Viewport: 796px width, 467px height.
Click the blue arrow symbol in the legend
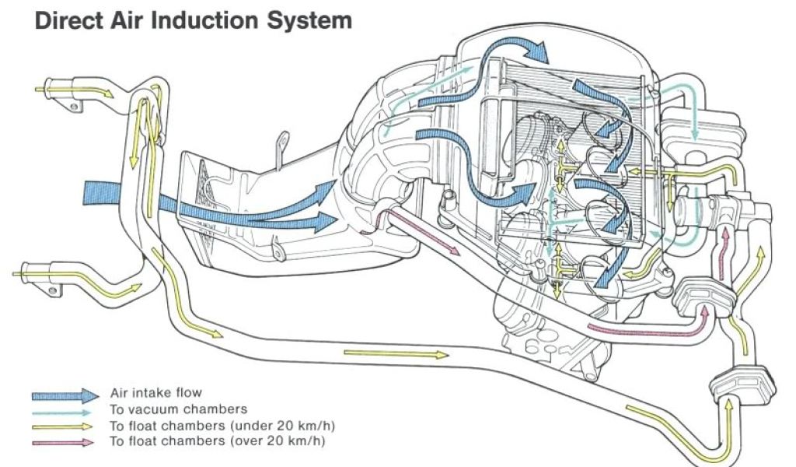65,395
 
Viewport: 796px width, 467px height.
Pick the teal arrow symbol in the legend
65,410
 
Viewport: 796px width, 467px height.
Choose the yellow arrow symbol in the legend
65,427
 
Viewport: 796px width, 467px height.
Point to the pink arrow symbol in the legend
65,442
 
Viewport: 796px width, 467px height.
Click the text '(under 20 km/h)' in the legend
295,426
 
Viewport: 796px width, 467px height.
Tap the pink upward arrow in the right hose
725,247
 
